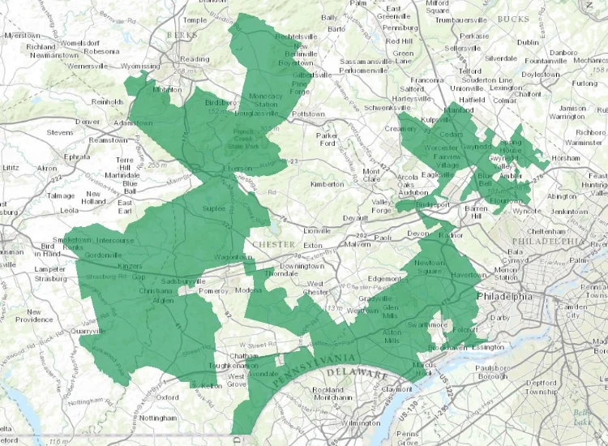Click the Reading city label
(195, 58)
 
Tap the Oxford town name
(168, 397)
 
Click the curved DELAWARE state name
(357, 375)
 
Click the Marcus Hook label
(422, 368)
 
